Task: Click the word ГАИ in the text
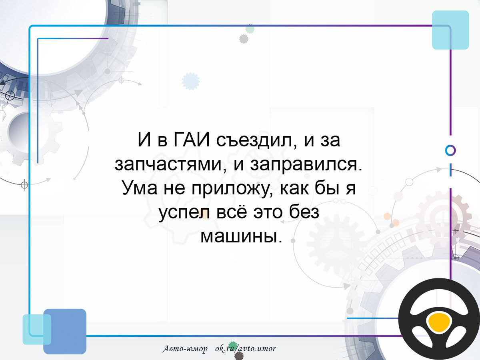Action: pos(191,140)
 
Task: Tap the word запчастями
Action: pos(170,164)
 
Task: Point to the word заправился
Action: pos(306,164)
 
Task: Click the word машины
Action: pos(241,236)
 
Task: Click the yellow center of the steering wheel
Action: pos(439,322)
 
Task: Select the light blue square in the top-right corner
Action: pos(450,30)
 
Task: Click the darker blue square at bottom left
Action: pos(65,331)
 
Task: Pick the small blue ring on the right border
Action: pos(450,151)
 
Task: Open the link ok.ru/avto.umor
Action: pos(246,349)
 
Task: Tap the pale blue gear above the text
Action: pos(191,81)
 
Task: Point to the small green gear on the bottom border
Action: pos(233,345)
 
